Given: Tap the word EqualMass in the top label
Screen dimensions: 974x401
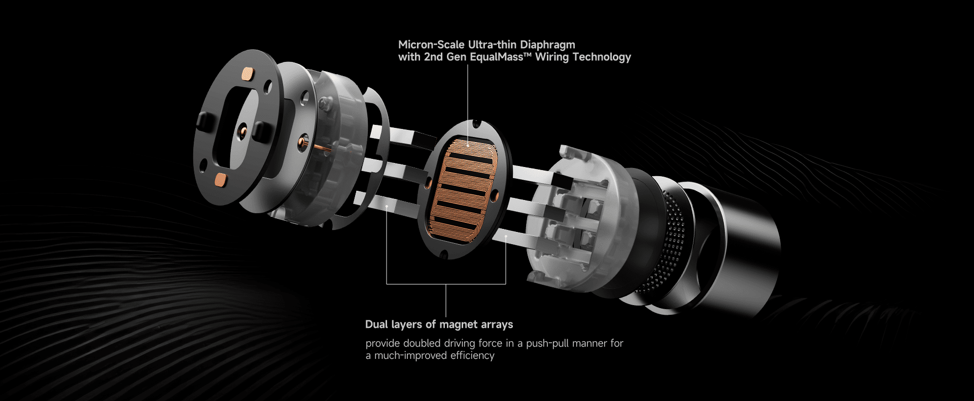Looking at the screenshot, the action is [x=496, y=57].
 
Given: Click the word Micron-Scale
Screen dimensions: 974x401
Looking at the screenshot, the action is [x=431, y=45].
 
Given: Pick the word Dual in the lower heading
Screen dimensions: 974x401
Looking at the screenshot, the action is [x=377, y=324].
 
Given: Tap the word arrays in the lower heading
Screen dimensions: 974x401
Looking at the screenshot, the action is [x=497, y=325].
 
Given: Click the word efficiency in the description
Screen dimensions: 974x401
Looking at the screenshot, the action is [x=472, y=356].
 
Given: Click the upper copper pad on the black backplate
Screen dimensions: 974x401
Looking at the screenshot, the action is [x=248, y=75].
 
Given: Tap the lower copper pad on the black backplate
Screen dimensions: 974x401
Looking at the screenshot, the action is [x=221, y=179].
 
